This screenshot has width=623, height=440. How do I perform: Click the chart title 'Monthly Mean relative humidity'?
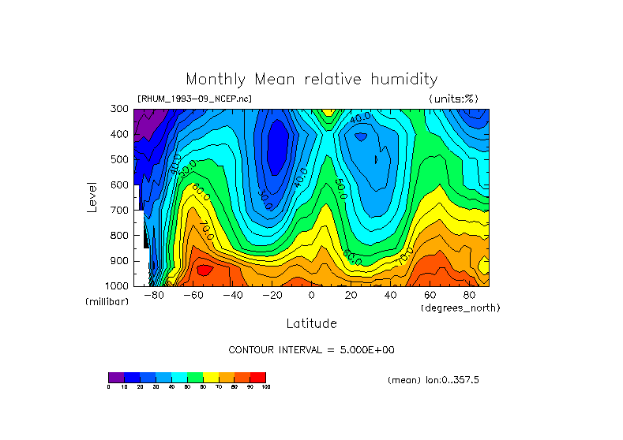(x=311, y=80)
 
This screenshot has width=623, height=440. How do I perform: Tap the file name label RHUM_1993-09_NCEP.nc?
(x=194, y=99)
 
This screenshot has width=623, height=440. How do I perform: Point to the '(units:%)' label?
(x=453, y=99)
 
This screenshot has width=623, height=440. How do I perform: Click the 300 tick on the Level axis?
(x=120, y=109)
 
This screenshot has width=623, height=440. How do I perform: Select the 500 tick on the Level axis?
(x=120, y=159)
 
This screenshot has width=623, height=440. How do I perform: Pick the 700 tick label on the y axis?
(x=120, y=210)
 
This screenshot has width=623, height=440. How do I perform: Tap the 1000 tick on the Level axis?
(x=118, y=285)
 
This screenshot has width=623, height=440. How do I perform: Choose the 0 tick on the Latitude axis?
(x=311, y=296)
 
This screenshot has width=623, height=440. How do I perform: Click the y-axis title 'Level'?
(x=92, y=197)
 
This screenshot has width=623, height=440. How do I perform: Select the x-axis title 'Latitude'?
(x=311, y=323)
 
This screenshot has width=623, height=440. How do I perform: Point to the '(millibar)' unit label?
(x=107, y=303)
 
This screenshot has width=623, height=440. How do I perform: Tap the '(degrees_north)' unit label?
(x=461, y=308)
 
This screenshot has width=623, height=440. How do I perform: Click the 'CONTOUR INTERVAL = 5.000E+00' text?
(x=311, y=349)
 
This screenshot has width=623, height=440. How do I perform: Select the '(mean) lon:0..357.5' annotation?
(x=433, y=380)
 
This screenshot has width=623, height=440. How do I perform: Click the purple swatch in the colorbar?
(x=116, y=377)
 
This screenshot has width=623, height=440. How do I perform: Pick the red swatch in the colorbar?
(x=258, y=377)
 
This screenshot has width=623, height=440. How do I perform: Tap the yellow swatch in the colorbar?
(x=211, y=377)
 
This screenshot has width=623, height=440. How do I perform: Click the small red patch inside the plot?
(x=205, y=270)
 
